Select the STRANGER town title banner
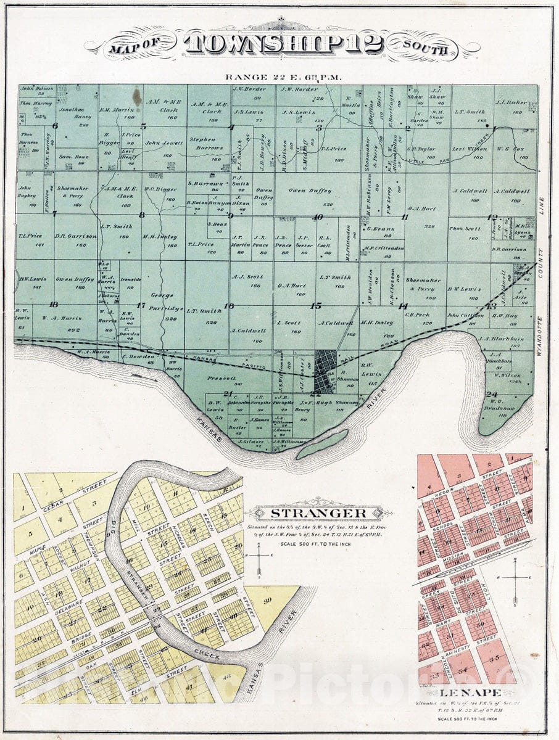click(319, 512)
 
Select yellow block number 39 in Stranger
click(267, 601)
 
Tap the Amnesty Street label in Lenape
click(462, 649)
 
